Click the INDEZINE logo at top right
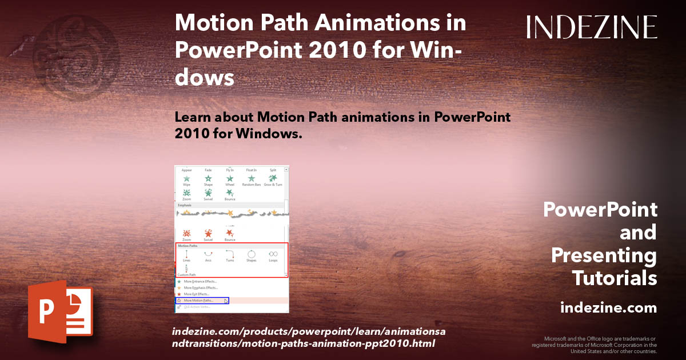[x=592, y=27]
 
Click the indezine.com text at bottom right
[x=608, y=308]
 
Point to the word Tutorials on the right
[x=615, y=278]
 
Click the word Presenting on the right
[x=604, y=255]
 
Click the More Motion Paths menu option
[x=199, y=301]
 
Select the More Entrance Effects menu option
[x=201, y=282]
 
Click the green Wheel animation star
[x=230, y=179]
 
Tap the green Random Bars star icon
[x=252, y=179]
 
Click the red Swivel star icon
[x=208, y=234]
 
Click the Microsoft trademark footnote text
[x=595, y=345]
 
